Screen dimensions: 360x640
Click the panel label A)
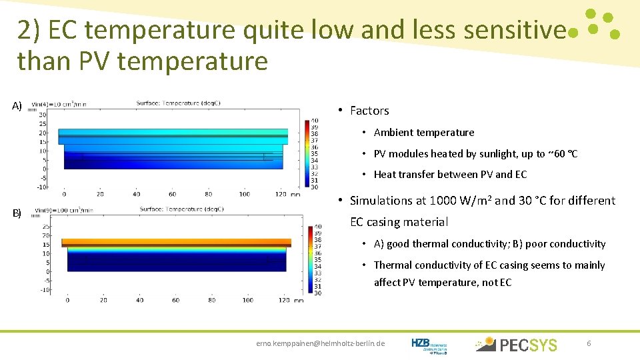coord(17,105)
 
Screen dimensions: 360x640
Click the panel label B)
coord(17,213)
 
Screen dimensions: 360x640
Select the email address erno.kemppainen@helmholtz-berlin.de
coord(321,343)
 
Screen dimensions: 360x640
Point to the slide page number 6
coord(589,343)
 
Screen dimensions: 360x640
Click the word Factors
coord(369,111)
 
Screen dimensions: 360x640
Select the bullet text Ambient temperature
coord(424,133)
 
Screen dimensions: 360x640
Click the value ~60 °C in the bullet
coord(563,154)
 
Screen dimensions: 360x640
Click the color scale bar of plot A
coord(307,153)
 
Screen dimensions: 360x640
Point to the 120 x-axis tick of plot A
coord(280,195)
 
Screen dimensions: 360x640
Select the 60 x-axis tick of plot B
coord(175,300)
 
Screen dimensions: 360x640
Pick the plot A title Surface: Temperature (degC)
coord(178,103)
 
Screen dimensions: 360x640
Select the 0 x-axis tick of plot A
coord(64,195)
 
